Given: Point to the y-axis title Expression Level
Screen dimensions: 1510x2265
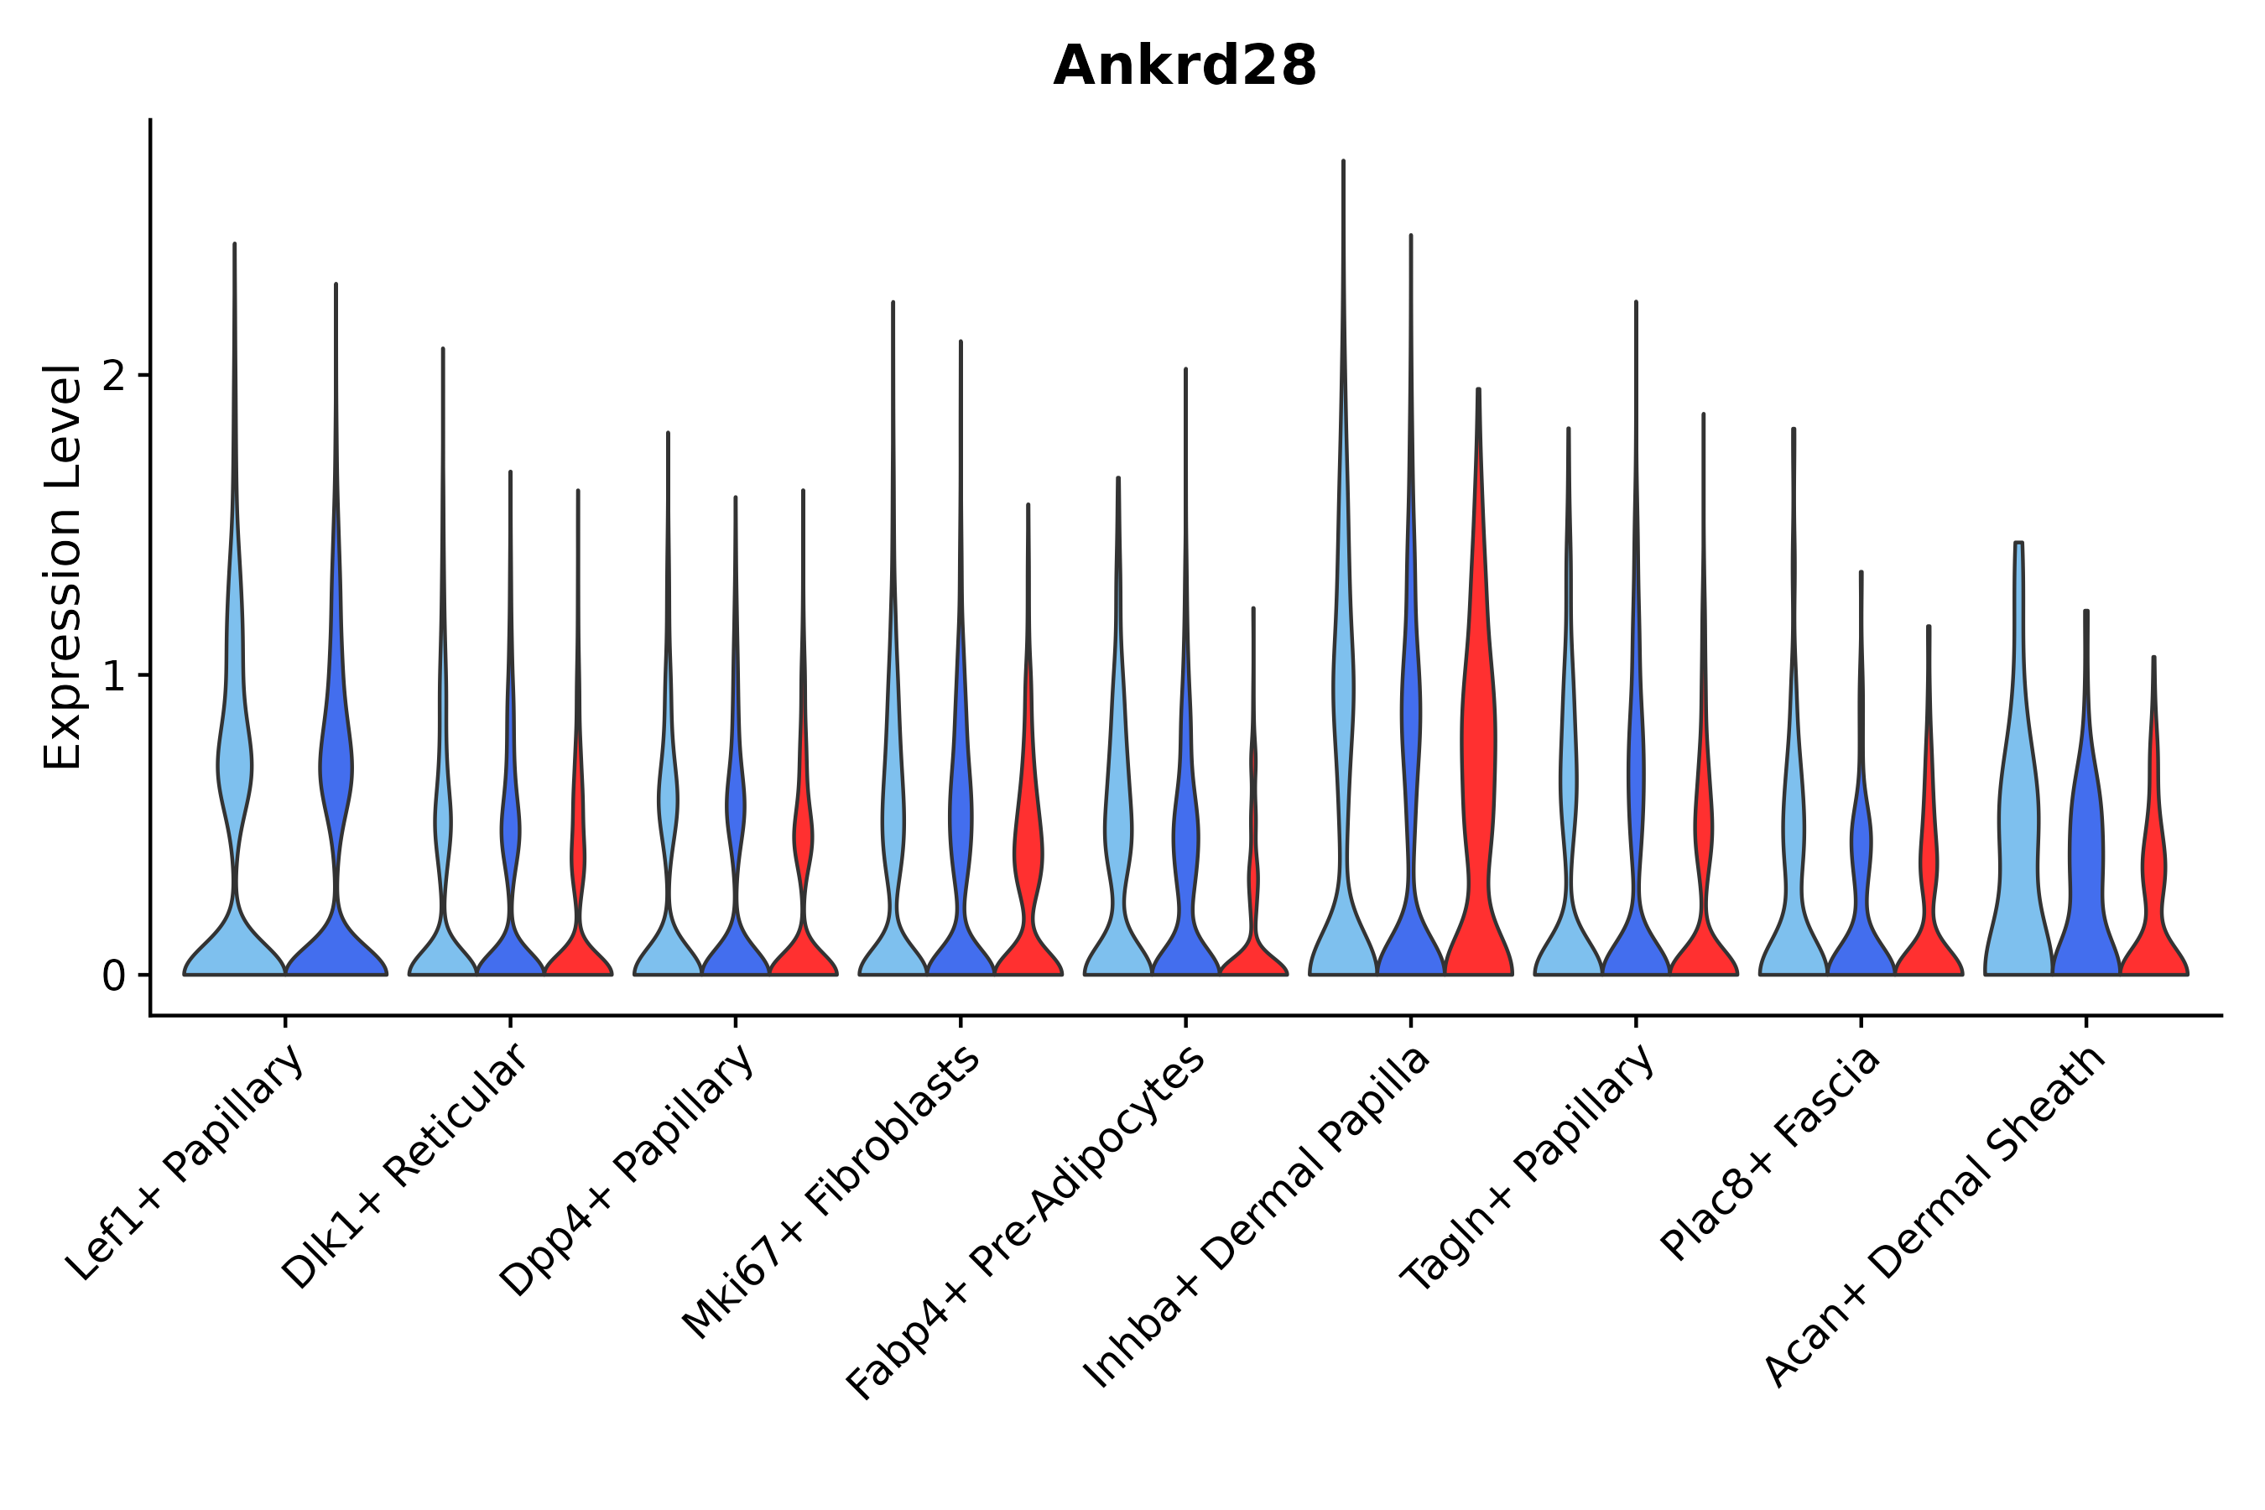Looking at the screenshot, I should (63, 566).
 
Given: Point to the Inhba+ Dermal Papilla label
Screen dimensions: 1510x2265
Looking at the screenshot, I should (1257, 1218).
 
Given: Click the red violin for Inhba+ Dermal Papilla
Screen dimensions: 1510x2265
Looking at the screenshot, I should (1478, 770).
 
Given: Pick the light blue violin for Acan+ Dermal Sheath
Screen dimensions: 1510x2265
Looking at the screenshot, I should (2018, 819).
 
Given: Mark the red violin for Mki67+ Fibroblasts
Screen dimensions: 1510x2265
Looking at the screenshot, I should (1028, 847).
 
